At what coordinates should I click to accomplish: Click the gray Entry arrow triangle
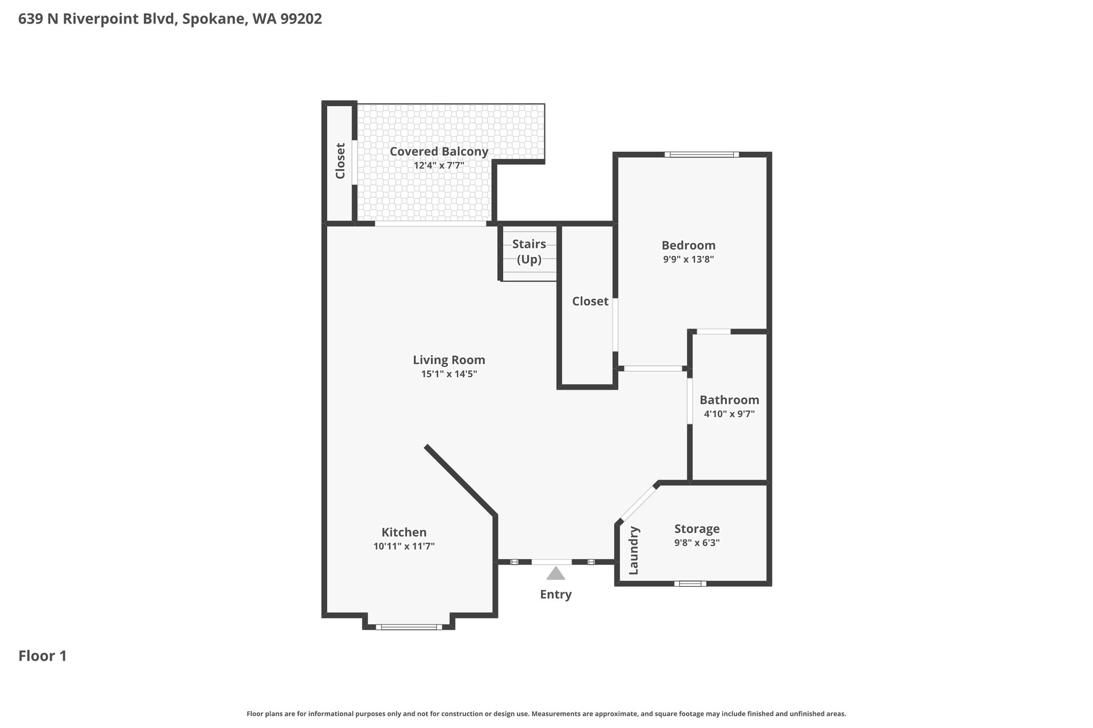(556, 573)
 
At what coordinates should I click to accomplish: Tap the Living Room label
(449, 360)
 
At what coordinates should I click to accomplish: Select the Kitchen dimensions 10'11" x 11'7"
(404, 546)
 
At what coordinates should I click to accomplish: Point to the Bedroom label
(688, 245)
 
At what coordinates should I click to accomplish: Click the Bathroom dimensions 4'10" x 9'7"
(729, 414)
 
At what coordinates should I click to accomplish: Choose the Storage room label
(697, 529)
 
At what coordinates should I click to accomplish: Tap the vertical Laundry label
(634, 550)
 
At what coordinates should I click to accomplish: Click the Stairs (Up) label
(529, 252)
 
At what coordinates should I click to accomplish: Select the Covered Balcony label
(439, 151)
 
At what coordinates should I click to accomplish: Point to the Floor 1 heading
(43, 656)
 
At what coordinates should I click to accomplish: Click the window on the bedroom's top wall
(702, 155)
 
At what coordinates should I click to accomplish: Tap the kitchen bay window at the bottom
(409, 627)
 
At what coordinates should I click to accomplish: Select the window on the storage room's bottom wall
(690, 583)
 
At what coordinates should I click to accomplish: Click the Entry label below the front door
(556, 595)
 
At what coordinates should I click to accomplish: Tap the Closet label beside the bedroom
(590, 301)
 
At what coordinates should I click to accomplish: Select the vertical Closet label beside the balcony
(340, 161)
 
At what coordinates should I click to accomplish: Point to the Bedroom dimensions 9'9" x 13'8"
(688, 260)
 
